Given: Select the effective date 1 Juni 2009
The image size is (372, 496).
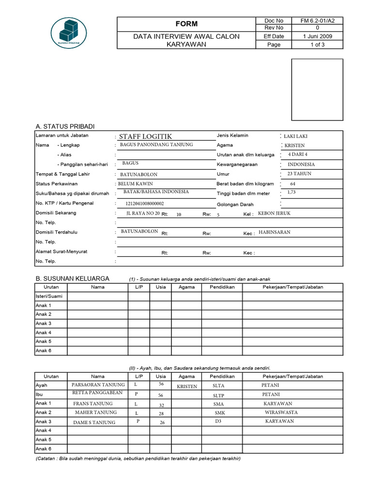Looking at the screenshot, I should coord(317,36).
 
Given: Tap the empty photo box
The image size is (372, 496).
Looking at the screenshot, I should coord(317,90).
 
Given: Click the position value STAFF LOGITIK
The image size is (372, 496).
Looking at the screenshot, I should coord(145,137).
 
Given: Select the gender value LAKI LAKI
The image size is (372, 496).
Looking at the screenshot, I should coord(296,136).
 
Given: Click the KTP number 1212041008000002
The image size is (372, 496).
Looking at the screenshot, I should coord(144,204).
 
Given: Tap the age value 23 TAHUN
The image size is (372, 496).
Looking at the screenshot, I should coord(299,173).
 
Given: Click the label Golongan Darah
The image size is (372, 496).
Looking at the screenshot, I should coord(235,204).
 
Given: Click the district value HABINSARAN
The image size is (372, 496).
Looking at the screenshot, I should coord(275,232).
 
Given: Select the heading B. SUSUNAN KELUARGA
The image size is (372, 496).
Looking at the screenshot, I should coord(73,279).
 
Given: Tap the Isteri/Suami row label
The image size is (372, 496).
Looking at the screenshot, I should coord(49,296).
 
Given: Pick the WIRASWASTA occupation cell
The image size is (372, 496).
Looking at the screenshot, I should coord(281,413).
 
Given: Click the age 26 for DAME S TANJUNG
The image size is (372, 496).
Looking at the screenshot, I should coord(162,422).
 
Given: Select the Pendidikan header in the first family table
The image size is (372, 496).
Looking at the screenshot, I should coord(222,287).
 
